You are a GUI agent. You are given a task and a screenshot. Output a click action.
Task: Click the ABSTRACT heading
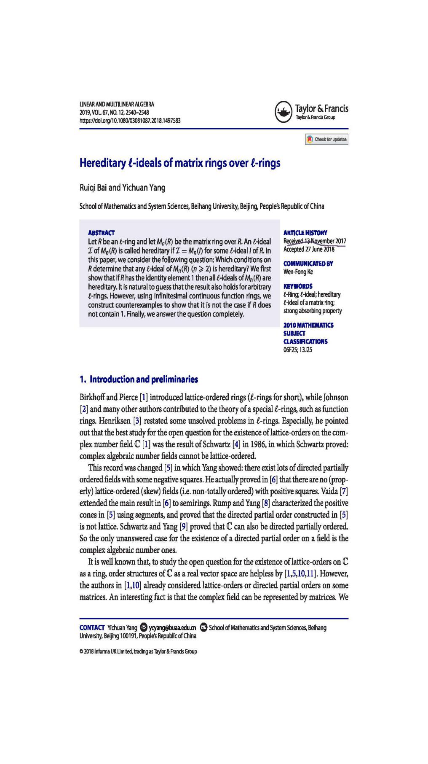coord(101,232)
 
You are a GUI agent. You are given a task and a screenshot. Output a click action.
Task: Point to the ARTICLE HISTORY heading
coord(305,232)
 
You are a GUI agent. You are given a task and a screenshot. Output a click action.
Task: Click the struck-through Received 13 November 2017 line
coord(315,241)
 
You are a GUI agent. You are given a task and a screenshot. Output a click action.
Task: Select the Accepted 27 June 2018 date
coord(309,249)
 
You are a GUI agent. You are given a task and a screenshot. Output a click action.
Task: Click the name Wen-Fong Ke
coord(298,272)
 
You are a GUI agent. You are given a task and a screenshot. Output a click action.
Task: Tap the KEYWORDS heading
coord(298,286)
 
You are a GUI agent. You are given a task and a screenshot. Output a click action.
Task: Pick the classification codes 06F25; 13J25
coord(298,350)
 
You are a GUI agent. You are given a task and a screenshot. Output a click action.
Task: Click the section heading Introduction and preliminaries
coord(139,379)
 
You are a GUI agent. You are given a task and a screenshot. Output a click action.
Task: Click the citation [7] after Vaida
coord(344,491)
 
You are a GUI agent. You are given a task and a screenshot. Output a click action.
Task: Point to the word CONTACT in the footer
coord(92,628)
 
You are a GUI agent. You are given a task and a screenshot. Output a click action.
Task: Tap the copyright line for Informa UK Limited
coord(138,651)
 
